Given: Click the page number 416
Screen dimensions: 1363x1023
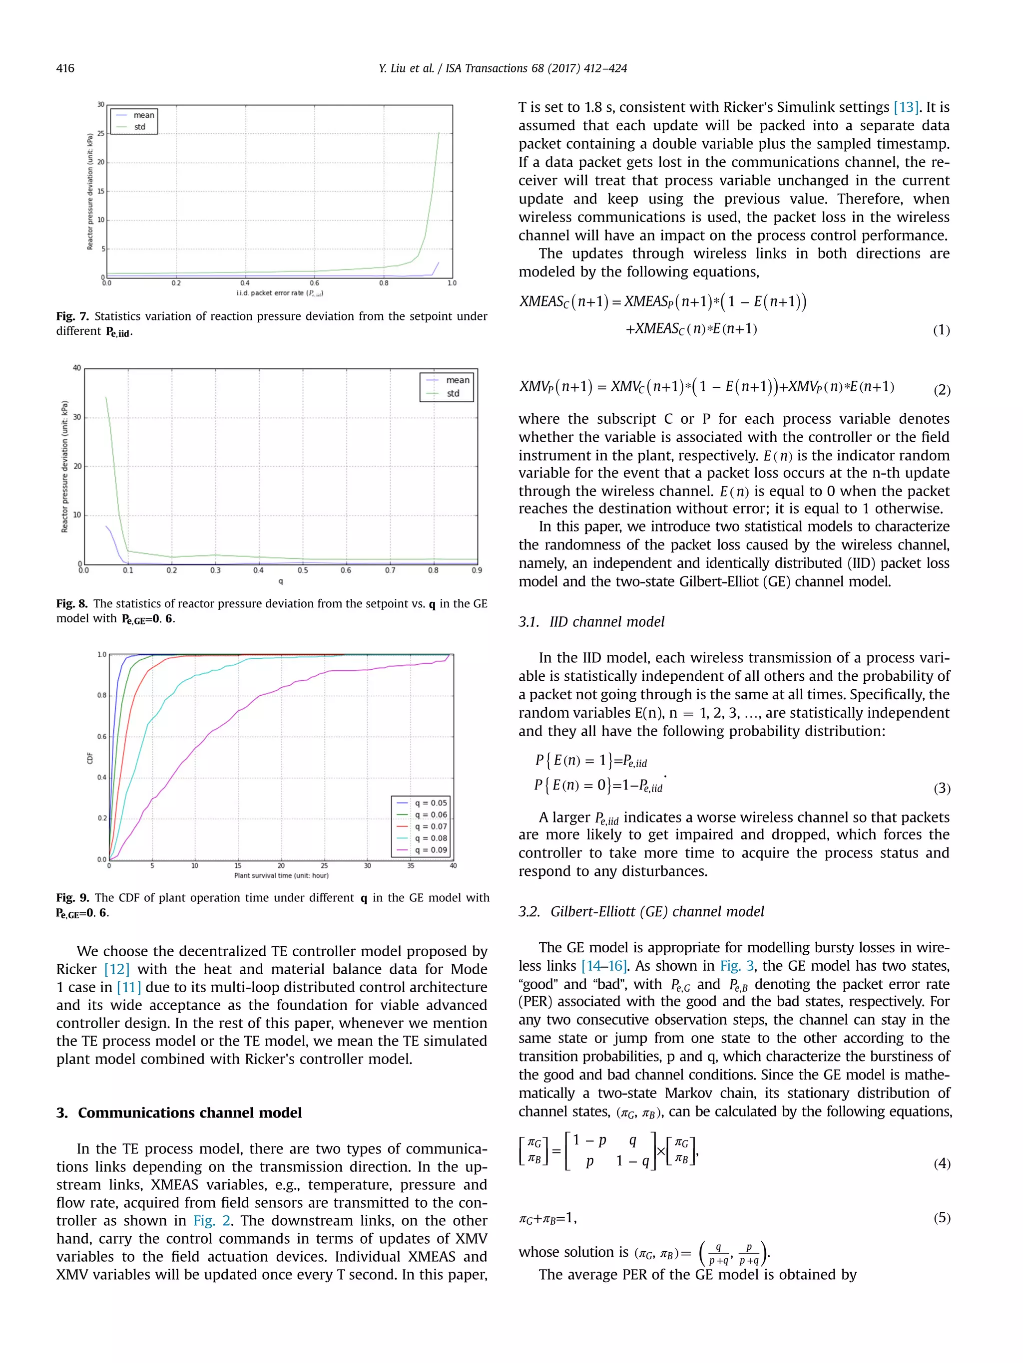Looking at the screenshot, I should (65, 68).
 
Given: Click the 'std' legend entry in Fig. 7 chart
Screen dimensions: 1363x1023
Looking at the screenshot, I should (140, 127).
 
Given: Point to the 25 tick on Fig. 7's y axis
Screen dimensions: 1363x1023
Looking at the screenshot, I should (101, 133).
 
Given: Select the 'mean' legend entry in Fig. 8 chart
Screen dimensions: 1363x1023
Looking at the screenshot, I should (457, 380).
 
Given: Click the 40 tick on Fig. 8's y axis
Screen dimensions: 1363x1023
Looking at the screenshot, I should (77, 368).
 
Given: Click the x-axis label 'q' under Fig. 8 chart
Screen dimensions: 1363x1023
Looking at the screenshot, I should (281, 581).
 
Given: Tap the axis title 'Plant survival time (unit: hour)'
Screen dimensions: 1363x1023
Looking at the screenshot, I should (281, 875).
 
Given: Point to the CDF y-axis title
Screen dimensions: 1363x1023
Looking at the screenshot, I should (90, 758).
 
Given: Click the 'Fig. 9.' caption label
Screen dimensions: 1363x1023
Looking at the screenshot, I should (73, 898).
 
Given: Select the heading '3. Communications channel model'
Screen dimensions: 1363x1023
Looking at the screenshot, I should (179, 1113).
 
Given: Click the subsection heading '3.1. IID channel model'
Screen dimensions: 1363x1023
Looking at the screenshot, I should (591, 622).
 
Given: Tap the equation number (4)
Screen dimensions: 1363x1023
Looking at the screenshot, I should (942, 1163).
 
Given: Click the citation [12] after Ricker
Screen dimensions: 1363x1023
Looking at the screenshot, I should (116, 969).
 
